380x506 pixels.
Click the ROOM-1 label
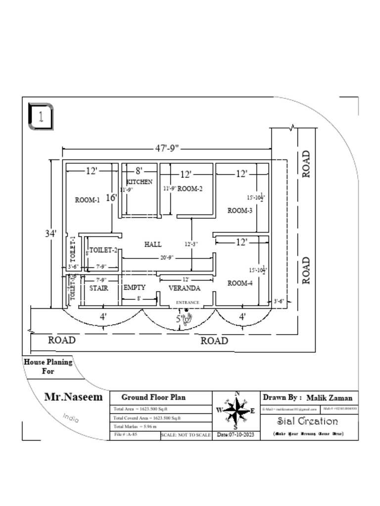tap(87, 200)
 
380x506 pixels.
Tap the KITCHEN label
tap(140, 182)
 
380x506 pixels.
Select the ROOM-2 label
tap(190, 188)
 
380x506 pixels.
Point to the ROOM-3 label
tap(240, 211)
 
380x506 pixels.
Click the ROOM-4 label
tap(240, 283)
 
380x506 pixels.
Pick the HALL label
tap(153, 244)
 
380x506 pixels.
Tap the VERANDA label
tap(185, 288)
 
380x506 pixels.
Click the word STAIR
tap(99, 288)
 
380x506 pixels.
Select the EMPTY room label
tap(134, 287)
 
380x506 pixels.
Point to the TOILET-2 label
tap(103, 250)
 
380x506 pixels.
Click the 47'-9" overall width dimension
tap(166, 148)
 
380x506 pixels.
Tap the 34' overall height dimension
tap(51, 233)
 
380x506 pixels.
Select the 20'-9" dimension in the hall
tap(166, 258)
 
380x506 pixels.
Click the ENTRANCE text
tap(188, 302)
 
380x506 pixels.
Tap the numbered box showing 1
tap(41, 117)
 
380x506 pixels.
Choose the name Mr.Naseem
tap(74, 397)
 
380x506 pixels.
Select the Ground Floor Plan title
tap(153, 397)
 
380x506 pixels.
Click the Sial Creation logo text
tap(307, 422)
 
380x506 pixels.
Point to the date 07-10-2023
tap(235, 435)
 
